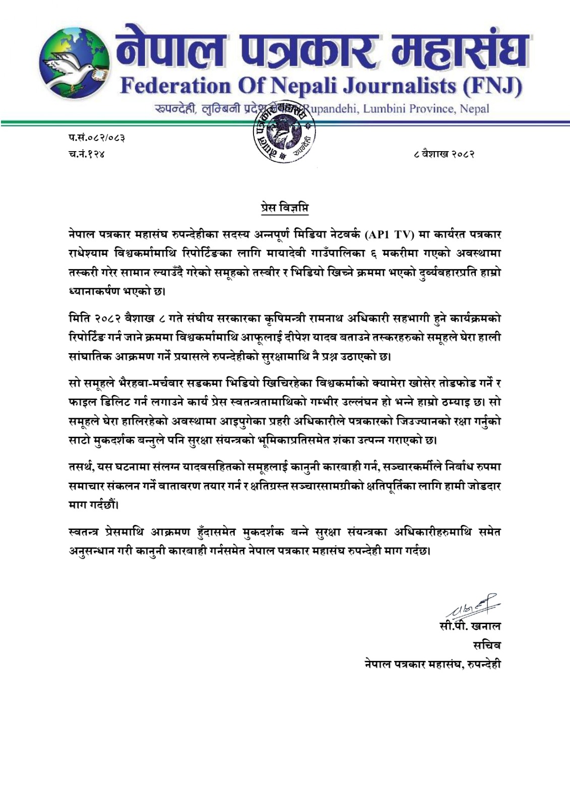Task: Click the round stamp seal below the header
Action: pyautogui.click(x=283, y=132)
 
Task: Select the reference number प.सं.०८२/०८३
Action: pyautogui.click(x=97, y=137)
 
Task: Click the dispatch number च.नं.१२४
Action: pyautogui.click(x=87, y=153)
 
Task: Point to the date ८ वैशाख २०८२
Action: pyautogui.click(x=443, y=153)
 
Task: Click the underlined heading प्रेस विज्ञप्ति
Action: pyautogui.click(x=285, y=207)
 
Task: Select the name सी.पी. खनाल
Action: pyautogui.click(x=470, y=626)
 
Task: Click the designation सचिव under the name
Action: pyautogui.click(x=486, y=645)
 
